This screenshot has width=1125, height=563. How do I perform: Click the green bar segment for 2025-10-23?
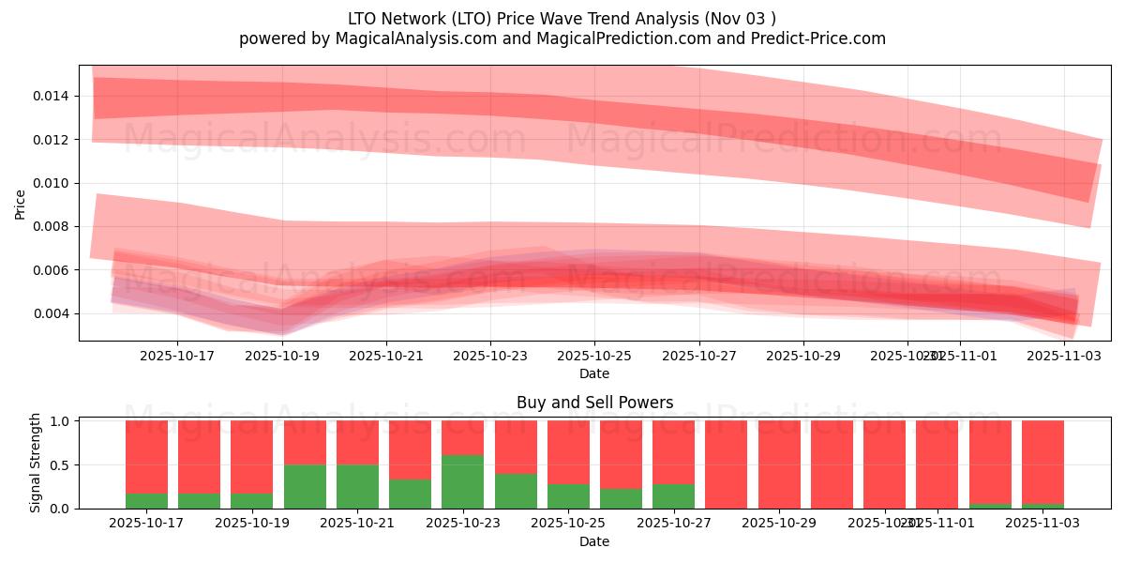point(463,481)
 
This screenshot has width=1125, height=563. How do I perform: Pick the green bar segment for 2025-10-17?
point(146,500)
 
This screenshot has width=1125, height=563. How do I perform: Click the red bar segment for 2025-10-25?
point(568,451)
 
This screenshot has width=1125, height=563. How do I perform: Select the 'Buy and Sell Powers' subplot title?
point(594,403)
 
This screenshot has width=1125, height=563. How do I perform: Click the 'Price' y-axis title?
point(21,203)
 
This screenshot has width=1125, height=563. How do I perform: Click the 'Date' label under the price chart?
point(594,373)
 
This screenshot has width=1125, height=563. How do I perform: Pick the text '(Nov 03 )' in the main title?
point(741,18)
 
